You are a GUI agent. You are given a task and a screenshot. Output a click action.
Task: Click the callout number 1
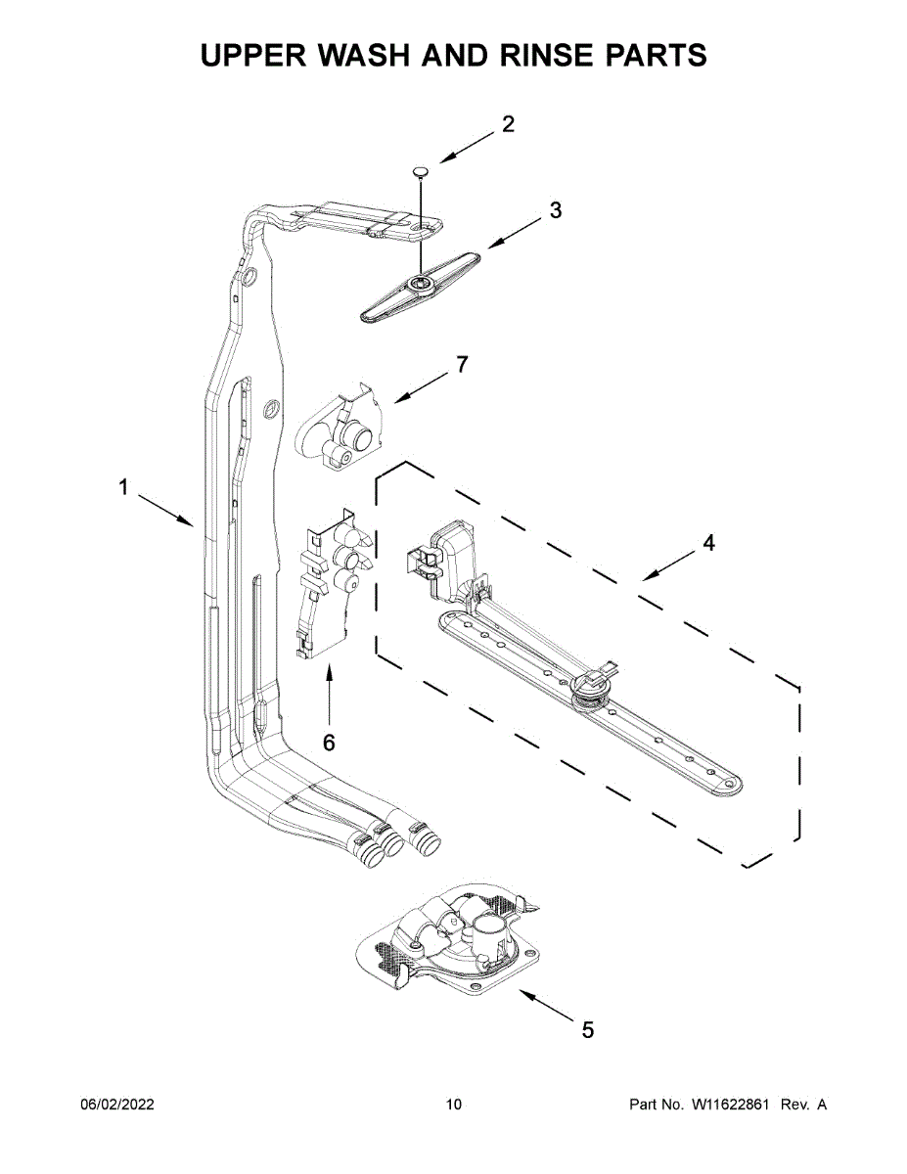pyautogui.click(x=123, y=487)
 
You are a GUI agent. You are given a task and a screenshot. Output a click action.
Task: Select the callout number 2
pyautogui.click(x=508, y=124)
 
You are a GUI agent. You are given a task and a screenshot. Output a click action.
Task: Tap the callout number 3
pyautogui.click(x=555, y=210)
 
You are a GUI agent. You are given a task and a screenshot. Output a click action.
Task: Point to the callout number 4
pyautogui.click(x=708, y=543)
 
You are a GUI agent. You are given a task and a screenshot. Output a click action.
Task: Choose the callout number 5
pyautogui.click(x=588, y=1029)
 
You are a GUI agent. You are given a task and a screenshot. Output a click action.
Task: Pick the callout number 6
pyautogui.click(x=329, y=743)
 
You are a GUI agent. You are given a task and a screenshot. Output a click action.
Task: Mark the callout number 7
pyautogui.click(x=462, y=365)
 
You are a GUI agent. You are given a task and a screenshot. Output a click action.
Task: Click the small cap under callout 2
pyautogui.click(x=421, y=172)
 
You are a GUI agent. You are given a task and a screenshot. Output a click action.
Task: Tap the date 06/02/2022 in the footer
pyautogui.click(x=116, y=1105)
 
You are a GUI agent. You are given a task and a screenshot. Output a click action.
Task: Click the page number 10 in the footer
pyautogui.click(x=453, y=1105)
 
